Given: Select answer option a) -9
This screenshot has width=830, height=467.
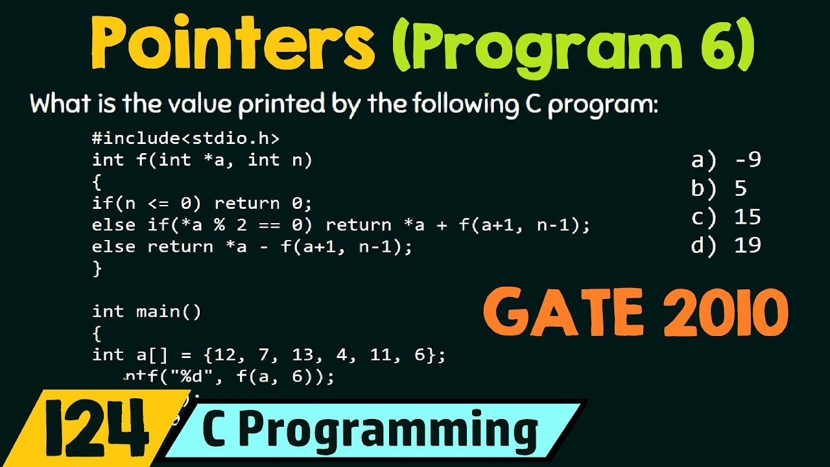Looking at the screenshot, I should coord(726,160).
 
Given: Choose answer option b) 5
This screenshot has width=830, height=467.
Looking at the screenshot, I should coord(719,188).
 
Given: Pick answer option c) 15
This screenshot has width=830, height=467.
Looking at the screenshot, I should coord(726,217).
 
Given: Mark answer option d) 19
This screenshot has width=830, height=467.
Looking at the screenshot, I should coord(726,245).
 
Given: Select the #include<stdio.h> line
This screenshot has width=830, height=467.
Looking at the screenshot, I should coord(185,138).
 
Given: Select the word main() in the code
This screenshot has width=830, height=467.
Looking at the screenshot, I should coord(169,311).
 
